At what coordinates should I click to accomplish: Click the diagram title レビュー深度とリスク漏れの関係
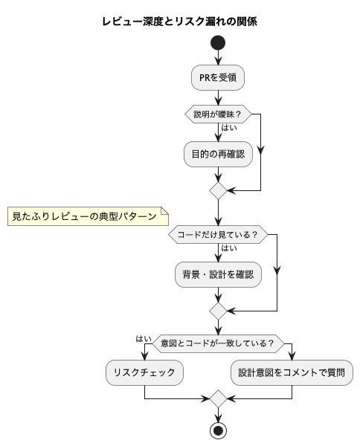coord(179,22)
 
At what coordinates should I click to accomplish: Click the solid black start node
coord(218,43)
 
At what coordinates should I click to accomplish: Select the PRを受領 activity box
coord(218,77)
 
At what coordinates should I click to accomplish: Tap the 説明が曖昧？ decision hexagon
coord(218,114)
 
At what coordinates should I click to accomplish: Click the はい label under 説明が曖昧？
coord(229,128)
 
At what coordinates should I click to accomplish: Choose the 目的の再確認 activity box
coord(218,154)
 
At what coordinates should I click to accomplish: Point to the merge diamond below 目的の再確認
coord(218,190)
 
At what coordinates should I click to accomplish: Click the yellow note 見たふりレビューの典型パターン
coord(88,216)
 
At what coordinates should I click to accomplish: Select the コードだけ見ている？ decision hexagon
coord(218,235)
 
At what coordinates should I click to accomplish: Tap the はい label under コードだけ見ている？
coord(229,248)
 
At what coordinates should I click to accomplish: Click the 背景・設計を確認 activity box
coord(218,274)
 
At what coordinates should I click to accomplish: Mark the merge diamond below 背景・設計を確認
coord(218,311)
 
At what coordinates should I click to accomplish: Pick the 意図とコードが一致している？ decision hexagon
coord(218,343)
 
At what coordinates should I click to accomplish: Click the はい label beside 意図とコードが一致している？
coord(144,339)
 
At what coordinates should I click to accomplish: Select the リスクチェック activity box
coord(144,372)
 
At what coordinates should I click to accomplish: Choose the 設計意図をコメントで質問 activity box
coord(292,372)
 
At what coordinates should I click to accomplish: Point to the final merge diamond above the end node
coord(218,398)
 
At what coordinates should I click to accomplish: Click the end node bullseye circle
coord(218,431)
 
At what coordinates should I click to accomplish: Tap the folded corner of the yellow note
coord(165,211)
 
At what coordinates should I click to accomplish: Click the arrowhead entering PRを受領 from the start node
coord(218,61)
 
